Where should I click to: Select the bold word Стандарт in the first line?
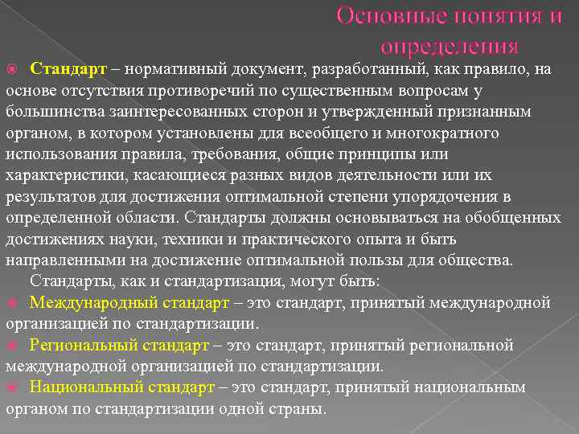point(63,69)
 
